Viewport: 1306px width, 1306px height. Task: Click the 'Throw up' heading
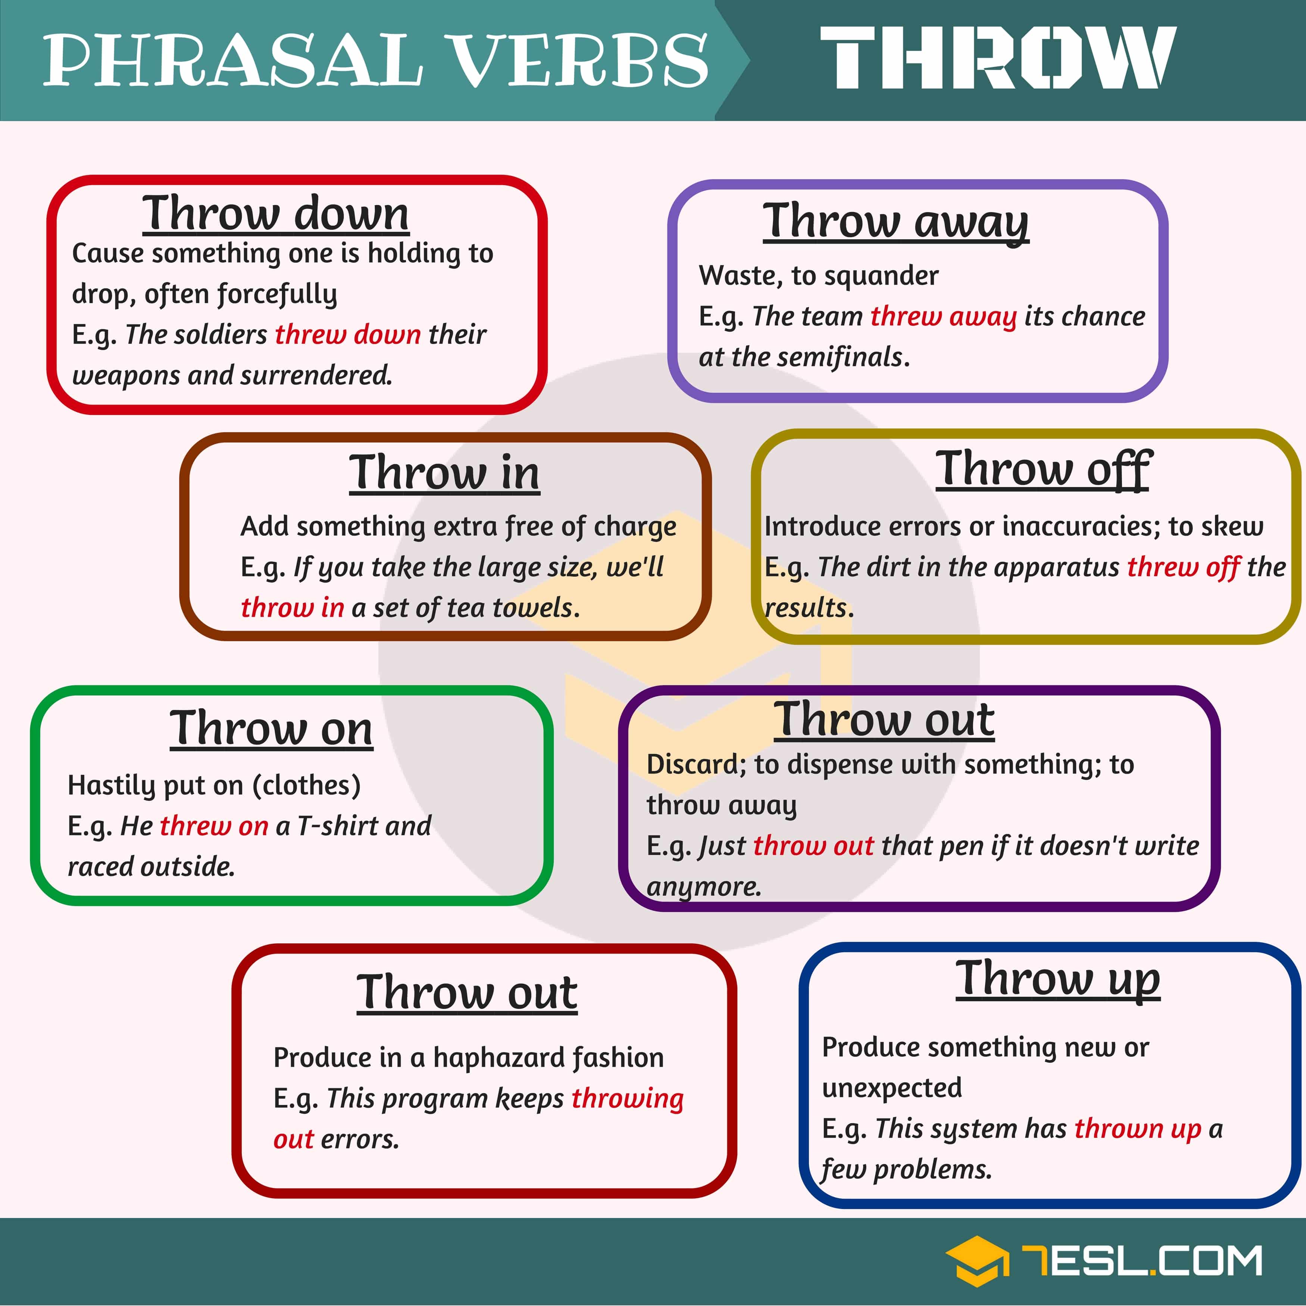1058,980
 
